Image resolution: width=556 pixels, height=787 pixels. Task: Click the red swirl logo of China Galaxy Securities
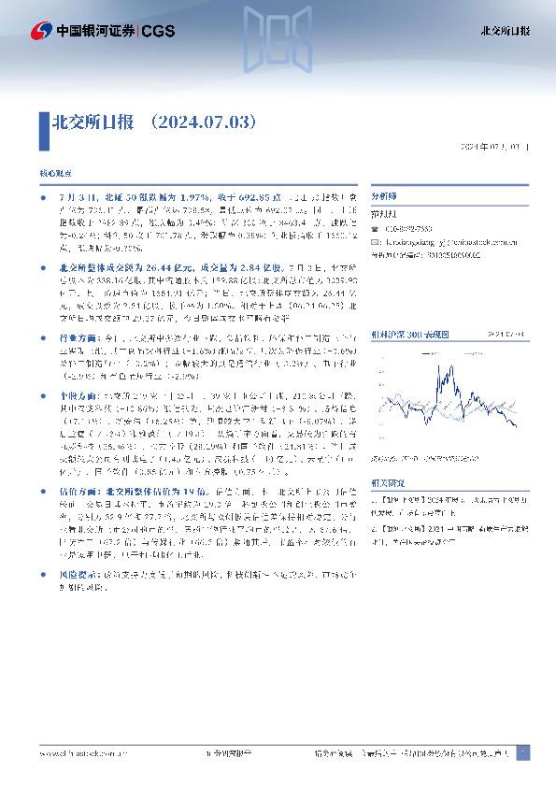click(x=41, y=31)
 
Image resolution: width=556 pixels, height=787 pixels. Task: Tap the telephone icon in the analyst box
click(x=376, y=229)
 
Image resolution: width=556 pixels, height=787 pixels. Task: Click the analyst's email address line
click(x=439, y=241)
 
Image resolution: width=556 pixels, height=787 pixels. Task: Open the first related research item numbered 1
click(x=447, y=503)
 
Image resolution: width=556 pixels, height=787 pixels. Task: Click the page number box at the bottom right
click(x=523, y=752)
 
